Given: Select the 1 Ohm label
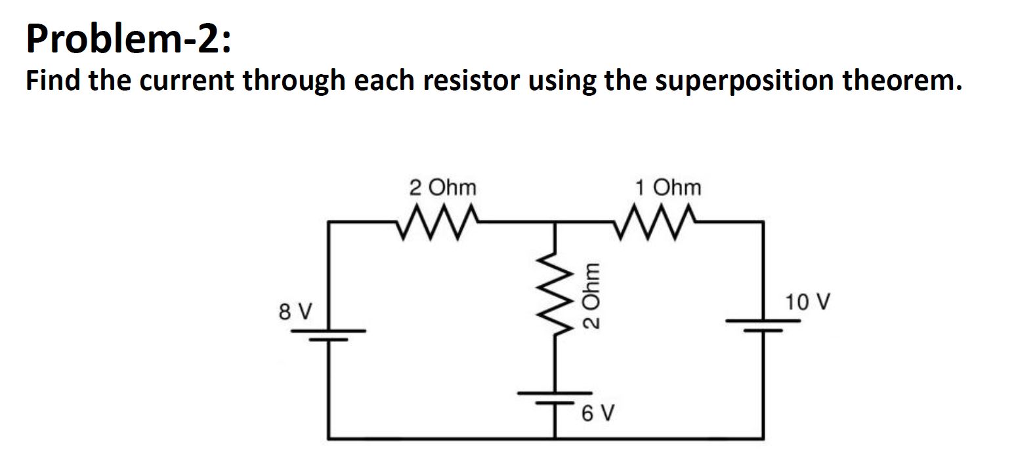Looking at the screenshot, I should click(668, 188).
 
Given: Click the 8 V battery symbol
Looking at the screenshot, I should click(329, 334).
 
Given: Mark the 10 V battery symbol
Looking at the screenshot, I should click(763, 325).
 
